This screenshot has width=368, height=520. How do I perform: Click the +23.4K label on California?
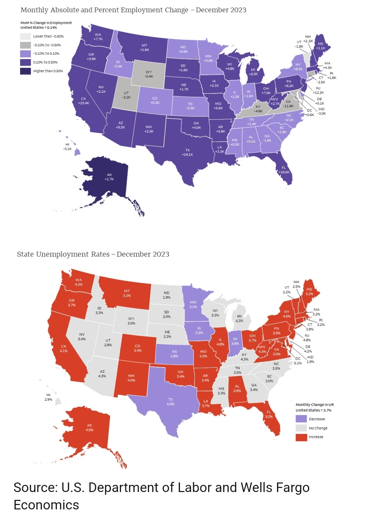[x=83, y=103]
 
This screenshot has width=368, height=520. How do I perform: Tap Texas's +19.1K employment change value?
[x=187, y=155]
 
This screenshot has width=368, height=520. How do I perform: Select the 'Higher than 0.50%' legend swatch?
[x=26, y=71]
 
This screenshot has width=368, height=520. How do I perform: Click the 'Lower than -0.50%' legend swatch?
[x=26, y=36]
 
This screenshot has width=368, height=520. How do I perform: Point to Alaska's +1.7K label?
[x=109, y=179]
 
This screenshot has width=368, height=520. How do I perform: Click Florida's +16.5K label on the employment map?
[x=283, y=172]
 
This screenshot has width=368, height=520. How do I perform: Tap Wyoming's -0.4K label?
[x=149, y=76]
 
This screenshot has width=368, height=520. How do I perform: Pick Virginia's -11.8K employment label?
[x=288, y=106]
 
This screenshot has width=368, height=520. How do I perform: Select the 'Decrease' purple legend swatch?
[x=301, y=419]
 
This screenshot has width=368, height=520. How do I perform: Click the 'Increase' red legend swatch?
[x=301, y=437]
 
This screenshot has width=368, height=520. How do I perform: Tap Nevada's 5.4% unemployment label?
[x=82, y=339]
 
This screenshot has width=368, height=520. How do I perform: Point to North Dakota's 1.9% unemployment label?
[x=167, y=297]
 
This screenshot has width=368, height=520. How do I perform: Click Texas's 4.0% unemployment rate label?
[x=170, y=404]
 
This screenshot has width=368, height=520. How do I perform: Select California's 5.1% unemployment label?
[x=64, y=351]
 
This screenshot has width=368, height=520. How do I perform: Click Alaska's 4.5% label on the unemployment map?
[x=89, y=430]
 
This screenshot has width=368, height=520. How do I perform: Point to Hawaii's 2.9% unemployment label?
[x=48, y=399]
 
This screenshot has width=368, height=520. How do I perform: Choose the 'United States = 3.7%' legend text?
[x=313, y=410]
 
